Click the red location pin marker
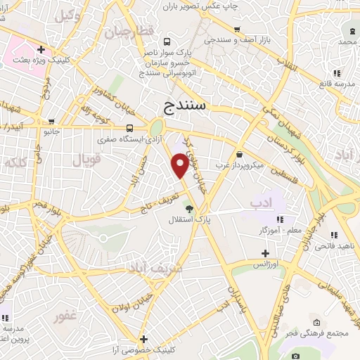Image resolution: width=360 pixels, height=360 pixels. tap(180, 165)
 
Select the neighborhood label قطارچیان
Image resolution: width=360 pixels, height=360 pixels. tap(129, 32)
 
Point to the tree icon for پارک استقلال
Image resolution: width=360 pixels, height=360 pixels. tap(188, 208)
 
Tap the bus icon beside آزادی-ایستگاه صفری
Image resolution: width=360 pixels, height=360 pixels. tap(129, 128)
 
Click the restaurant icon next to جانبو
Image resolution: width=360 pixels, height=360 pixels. tap(51, 121)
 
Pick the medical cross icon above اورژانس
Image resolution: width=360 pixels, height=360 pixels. tap(265, 253)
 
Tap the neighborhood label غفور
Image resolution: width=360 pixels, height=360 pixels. tap(65, 316)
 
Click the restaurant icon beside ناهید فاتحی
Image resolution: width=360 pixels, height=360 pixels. tap(333, 235)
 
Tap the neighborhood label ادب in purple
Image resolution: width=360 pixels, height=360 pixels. tap(260, 202)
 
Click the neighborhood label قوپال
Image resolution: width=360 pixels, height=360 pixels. tap(86, 160)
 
